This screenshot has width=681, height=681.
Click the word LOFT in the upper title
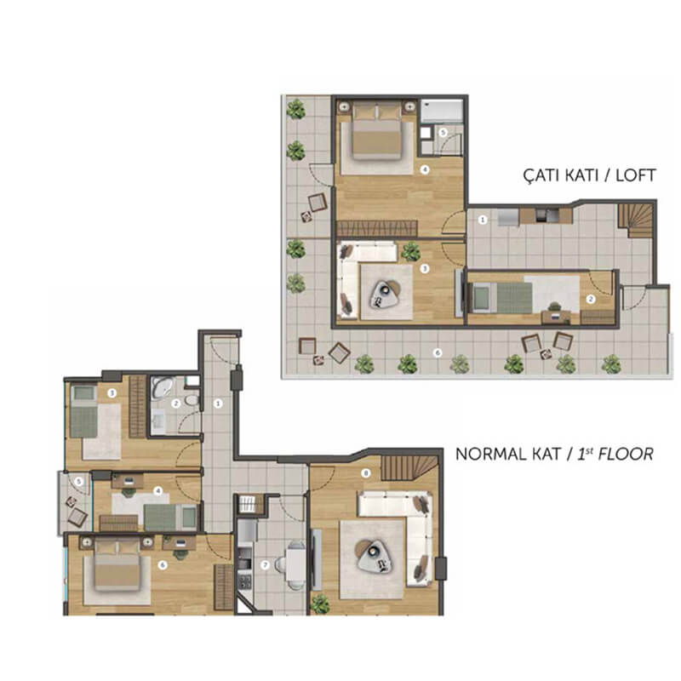pyautogui.click(x=635, y=175)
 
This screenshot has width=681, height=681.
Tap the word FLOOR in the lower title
pyautogui.click(x=626, y=455)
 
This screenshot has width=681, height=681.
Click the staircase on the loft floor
pyautogui.click(x=636, y=220)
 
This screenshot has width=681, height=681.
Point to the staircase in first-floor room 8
pyautogui.click(x=409, y=467)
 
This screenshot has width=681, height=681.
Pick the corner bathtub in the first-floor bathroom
pyautogui.click(x=162, y=387)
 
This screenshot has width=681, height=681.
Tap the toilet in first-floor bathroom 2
pyautogui.click(x=192, y=400)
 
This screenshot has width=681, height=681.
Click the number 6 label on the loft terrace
pyautogui.click(x=438, y=352)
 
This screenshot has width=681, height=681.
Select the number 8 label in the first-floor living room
pyautogui.click(x=366, y=473)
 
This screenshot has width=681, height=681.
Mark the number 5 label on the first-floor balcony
pyautogui.click(x=78, y=481)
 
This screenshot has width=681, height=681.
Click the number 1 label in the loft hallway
pyautogui.click(x=482, y=220)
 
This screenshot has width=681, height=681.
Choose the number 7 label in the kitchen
pyautogui.click(x=265, y=565)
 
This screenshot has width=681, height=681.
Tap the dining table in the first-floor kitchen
pyautogui.click(x=295, y=564)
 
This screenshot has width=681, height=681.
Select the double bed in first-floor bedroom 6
pyautogui.click(x=117, y=564)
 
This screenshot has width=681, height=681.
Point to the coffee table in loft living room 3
pyautogui.click(x=385, y=294)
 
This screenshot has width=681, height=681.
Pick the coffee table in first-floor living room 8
pyautogui.click(x=373, y=557)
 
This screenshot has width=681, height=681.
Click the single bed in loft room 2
pyautogui.click(x=502, y=297)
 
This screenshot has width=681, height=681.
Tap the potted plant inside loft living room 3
pyautogui.click(x=410, y=251)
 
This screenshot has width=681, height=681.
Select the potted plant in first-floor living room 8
pyautogui.click(x=320, y=604)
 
